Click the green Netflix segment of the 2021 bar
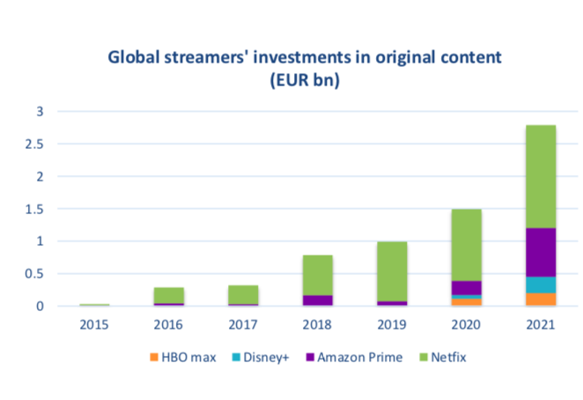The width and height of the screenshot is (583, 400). pos(540,176)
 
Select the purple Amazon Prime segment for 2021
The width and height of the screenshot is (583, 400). pos(540,252)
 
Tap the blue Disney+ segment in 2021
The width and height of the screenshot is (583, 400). pos(540,285)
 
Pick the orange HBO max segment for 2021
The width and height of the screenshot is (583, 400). pos(540,300)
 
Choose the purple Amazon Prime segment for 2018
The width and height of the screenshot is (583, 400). pos(317,300)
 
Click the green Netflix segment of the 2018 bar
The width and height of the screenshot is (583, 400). pos(317,275)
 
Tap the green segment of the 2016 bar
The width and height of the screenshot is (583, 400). pos(169,295)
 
